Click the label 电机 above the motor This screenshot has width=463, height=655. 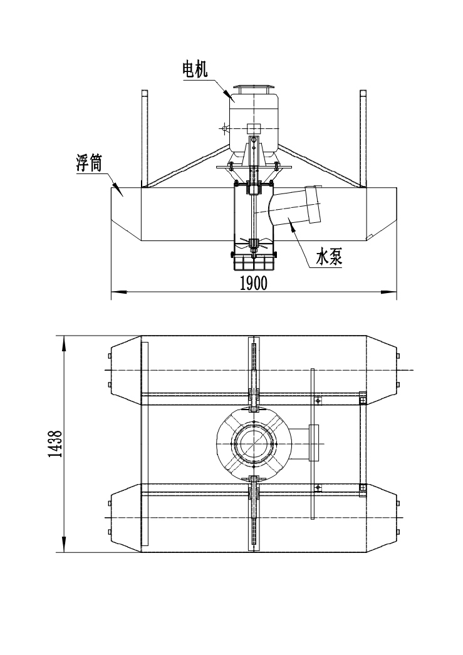(x=195, y=70)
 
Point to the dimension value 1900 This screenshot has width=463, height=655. (x=253, y=283)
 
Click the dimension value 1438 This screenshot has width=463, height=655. (x=55, y=445)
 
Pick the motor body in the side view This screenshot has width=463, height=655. (x=254, y=122)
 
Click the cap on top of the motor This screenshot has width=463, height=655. (x=254, y=88)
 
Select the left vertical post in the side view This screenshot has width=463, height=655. (x=145, y=138)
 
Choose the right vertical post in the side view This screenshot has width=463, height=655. (x=363, y=138)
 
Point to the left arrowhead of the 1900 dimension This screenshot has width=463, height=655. (x=116, y=291)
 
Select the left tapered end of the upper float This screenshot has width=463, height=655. (x=125, y=369)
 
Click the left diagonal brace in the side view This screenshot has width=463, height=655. (x=188, y=166)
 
